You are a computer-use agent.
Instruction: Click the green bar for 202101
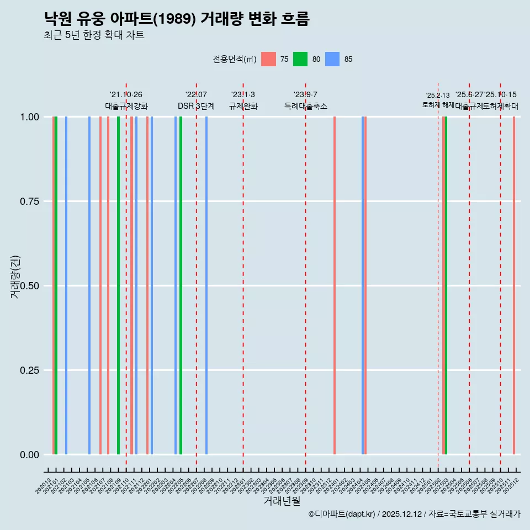point(56,285)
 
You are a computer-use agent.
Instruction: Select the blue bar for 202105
point(89,285)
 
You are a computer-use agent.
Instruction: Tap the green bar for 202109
point(118,285)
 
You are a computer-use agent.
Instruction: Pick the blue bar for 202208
point(206,285)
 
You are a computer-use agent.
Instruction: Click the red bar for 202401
point(335,285)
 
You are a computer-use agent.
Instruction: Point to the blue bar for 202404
point(363,285)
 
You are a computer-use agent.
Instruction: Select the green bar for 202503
point(446,285)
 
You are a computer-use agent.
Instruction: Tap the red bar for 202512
point(514,285)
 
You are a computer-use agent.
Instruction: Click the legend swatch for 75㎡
point(268,59)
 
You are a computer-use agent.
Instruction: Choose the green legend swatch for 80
point(300,59)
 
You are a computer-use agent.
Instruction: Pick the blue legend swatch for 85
point(332,59)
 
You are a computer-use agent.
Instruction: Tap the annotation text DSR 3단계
point(196,106)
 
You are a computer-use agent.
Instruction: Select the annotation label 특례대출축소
point(306,106)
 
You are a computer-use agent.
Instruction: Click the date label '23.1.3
point(243,95)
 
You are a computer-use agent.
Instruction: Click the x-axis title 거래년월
point(282,501)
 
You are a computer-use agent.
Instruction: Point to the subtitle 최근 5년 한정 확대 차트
point(94,35)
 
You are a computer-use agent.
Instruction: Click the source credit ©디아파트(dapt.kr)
point(342,514)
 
